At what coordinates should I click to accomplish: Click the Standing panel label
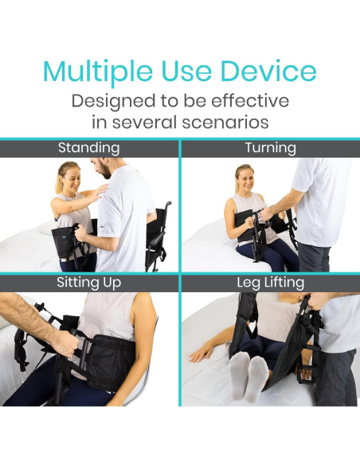tap(88, 148)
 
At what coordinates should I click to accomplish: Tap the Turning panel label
tap(270, 148)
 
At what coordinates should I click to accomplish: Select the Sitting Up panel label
tap(88, 283)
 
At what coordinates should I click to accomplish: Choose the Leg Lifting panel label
tap(270, 283)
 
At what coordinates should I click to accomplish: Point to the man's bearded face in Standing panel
tap(100, 170)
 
